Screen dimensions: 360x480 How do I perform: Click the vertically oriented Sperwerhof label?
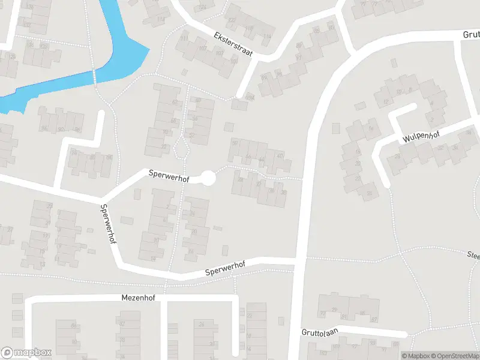[x=109, y=223]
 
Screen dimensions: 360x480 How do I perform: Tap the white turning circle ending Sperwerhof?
[x=208, y=178]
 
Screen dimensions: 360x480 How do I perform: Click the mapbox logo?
[x=26, y=353]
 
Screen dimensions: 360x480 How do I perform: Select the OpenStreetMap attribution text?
[x=453, y=356]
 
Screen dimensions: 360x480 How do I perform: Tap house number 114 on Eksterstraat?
[x=267, y=37]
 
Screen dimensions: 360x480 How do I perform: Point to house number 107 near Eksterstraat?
[x=202, y=48]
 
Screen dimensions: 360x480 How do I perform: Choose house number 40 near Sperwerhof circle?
[x=280, y=156]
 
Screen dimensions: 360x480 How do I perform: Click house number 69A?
[x=249, y=97]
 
